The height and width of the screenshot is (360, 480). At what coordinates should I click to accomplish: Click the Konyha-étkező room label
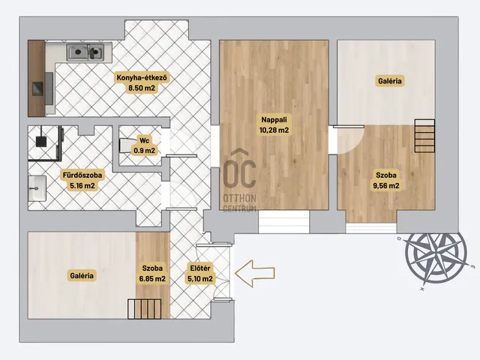pyautogui.click(x=142, y=78)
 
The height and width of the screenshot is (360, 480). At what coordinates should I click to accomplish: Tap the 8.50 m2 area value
pyautogui.click(x=142, y=88)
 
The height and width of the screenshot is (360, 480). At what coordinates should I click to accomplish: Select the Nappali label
pyautogui.click(x=274, y=120)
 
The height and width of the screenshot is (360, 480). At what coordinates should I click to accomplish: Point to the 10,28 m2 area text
pyautogui.click(x=274, y=130)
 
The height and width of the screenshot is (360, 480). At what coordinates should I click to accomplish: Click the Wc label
pyautogui.click(x=144, y=140)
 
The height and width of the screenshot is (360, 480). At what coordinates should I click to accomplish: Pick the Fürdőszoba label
pyautogui.click(x=82, y=175)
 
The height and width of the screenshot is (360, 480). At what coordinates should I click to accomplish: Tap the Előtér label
pyautogui.click(x=200, y=268)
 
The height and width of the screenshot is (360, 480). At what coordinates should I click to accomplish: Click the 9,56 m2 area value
pyautogui.click(x=386, y=186)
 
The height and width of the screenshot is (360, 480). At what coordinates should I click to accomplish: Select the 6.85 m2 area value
pyautogui.click(x=152, y=279)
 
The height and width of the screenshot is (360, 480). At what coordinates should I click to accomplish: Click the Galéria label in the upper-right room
pyautogui.click(x=389, y=81)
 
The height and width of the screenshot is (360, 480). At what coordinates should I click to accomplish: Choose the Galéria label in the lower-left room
pyautogui.click(x=82, y=275)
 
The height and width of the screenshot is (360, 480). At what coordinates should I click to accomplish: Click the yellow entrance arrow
pyautogui.click(x=255, y=273)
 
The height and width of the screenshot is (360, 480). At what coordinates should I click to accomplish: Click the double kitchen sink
pyautogui.click(x=85, y=52)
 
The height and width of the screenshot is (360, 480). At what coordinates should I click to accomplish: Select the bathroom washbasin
pyautogui.click(x=37, y=188)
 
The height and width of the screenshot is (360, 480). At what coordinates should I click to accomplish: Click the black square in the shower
pyautogui.click(x=41, y=141)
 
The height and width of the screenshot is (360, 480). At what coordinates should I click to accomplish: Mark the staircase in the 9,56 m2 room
pyautogui.click(x=424, y=136)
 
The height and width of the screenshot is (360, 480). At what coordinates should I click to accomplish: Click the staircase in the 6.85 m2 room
pyautogui.click(x=145, y=309)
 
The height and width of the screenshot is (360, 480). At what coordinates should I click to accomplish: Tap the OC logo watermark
pyautogui.click(x=239, y=170)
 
